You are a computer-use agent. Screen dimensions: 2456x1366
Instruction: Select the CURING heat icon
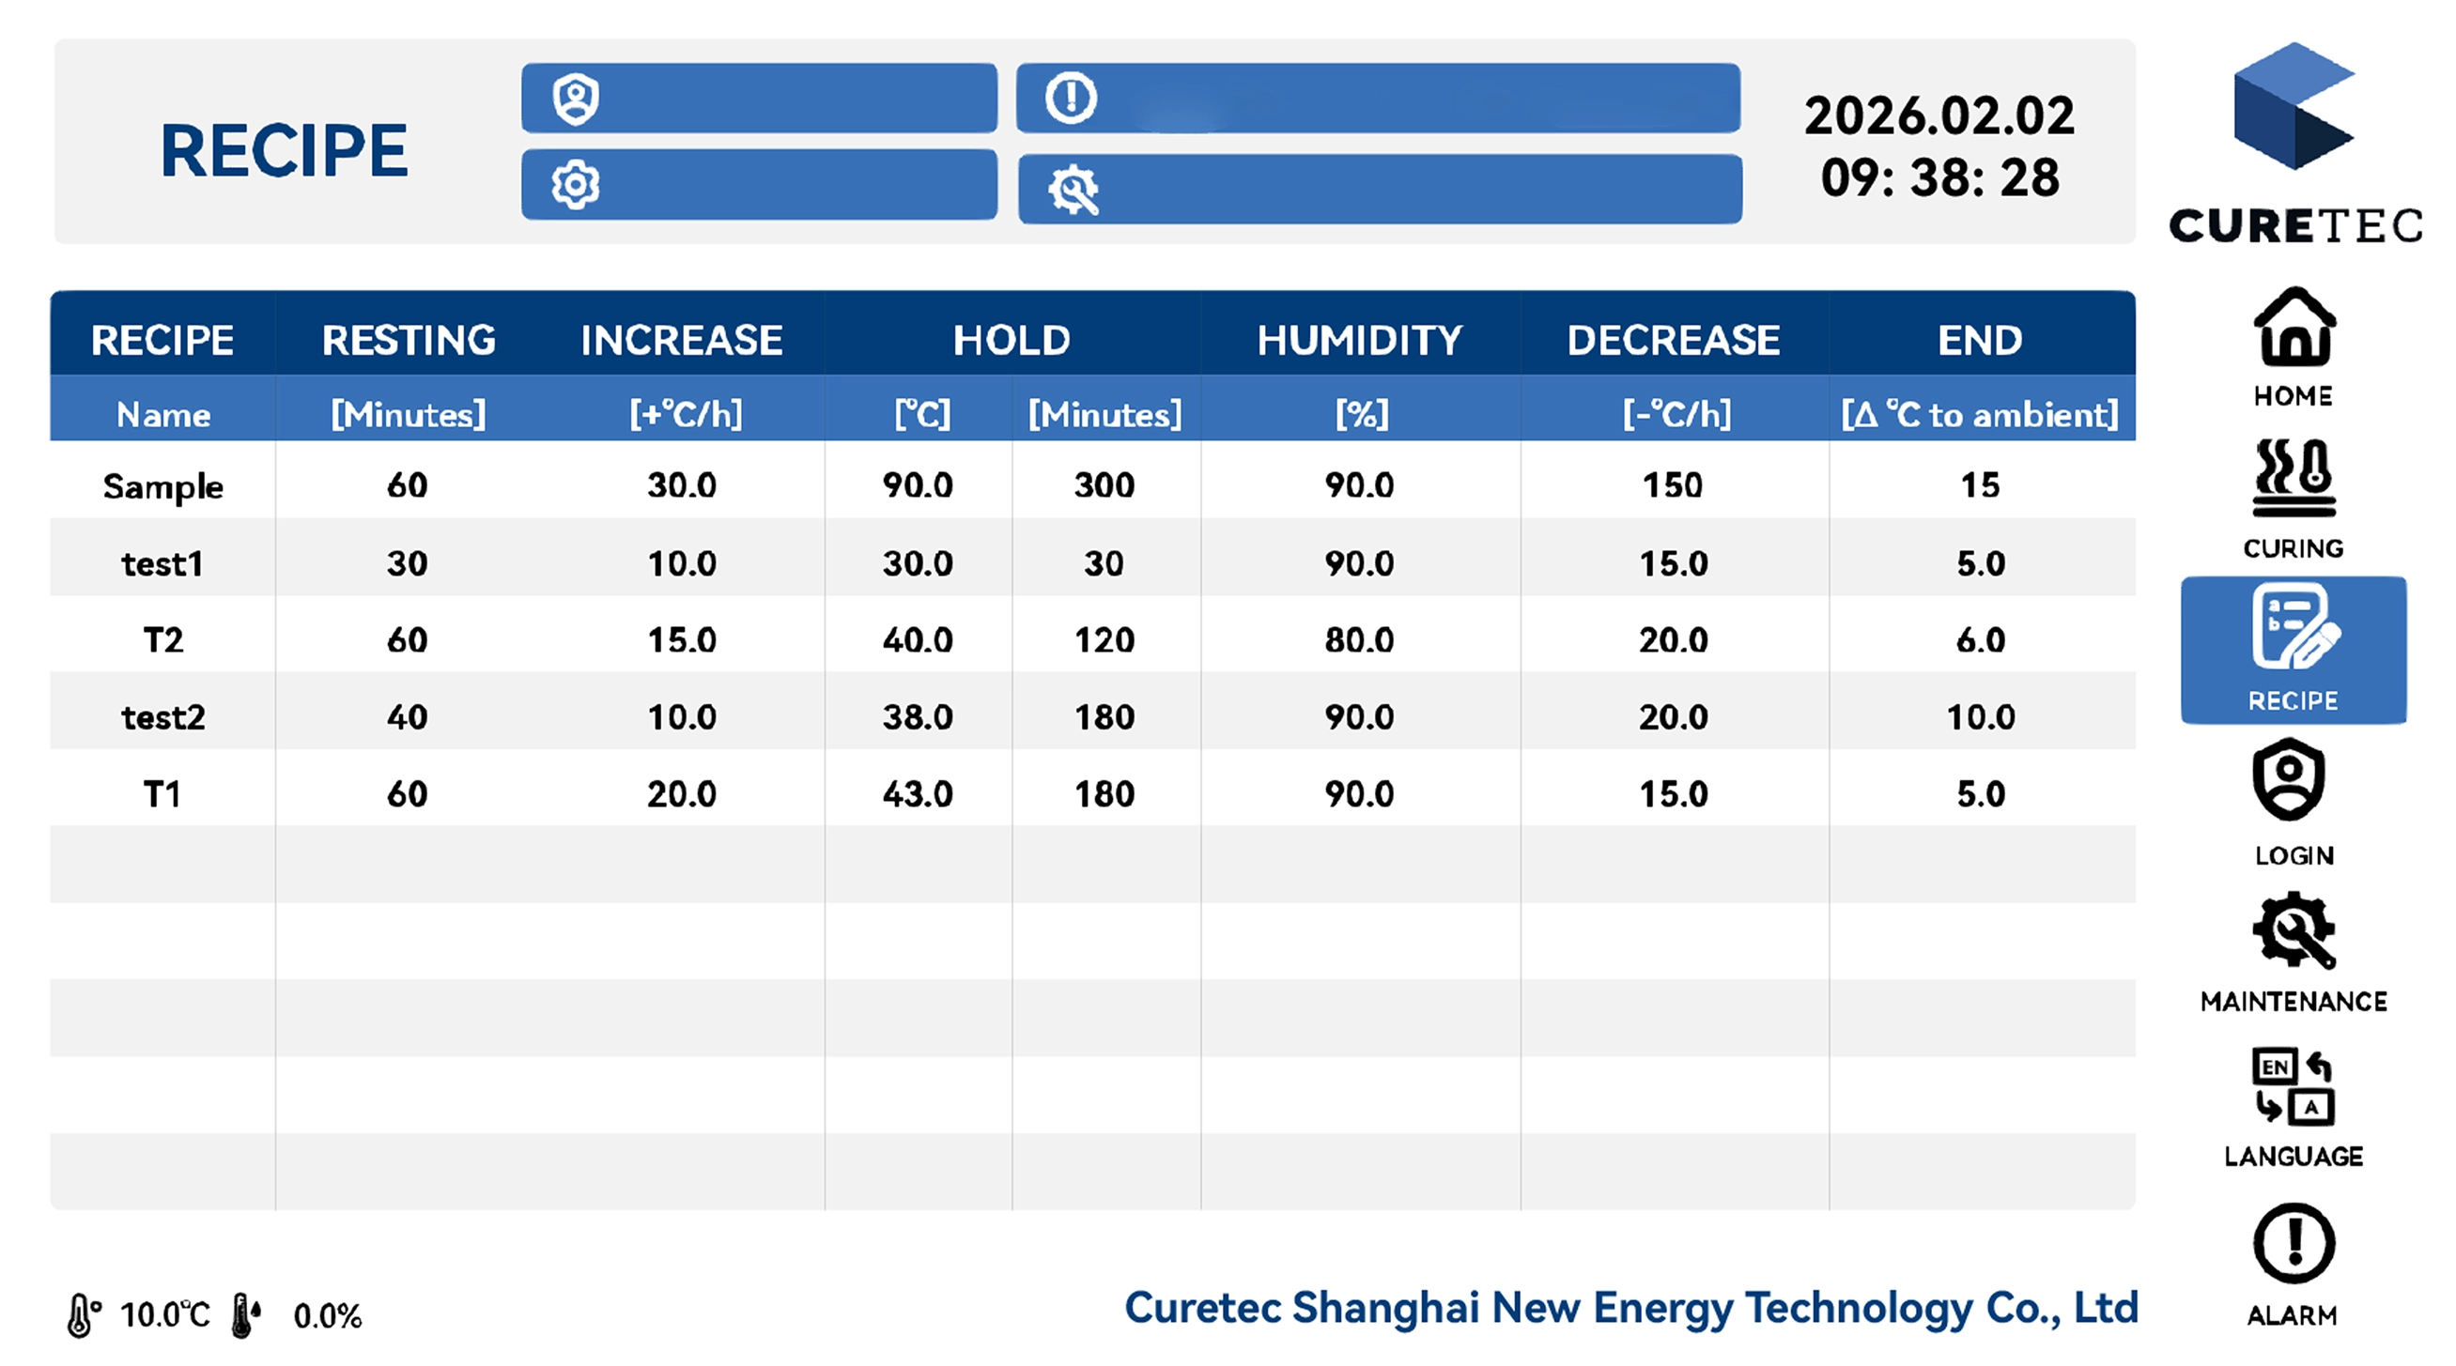(2294, 477)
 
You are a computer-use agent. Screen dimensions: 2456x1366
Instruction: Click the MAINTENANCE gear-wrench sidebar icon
(2294, 930)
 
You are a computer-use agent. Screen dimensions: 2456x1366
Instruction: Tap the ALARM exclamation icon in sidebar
(2294, 1243)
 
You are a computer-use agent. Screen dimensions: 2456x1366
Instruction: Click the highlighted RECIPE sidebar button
(2294, 650)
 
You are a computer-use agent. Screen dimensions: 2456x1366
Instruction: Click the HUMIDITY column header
(1360, 340)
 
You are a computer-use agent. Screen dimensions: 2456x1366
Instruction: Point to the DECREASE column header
(1674, 340)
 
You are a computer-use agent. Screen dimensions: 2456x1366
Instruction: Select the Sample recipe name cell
(163, 486)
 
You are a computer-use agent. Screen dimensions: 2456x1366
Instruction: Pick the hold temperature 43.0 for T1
(918, 794)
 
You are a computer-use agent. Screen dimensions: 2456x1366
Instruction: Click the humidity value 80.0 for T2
(1360, 639)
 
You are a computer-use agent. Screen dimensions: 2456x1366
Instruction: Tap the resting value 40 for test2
(407, 717)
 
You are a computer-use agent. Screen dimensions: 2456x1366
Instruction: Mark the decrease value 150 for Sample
(1673, 485)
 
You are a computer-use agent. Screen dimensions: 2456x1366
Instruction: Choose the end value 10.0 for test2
(1980, 717)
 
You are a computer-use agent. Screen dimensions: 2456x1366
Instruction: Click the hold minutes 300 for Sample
(1104, 485)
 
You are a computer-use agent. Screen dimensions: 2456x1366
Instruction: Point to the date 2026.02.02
(1939, 115)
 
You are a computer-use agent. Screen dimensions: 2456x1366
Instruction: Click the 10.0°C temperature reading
(165, 1314)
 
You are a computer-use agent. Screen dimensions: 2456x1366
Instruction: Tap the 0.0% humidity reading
(327, 1315)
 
